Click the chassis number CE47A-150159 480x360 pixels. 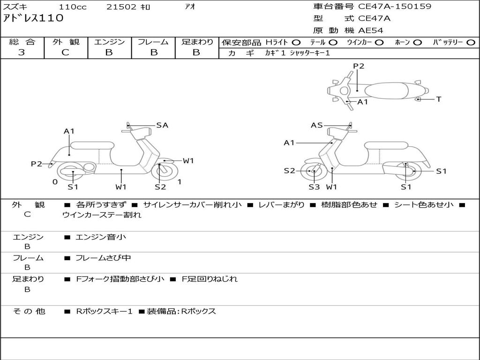point(395,7)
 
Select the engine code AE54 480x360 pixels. point(371,30)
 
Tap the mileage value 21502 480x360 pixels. point(121,7)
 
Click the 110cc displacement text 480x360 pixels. point(70,7)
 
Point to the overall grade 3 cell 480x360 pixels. point(22,52)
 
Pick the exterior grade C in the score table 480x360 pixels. point(66,52)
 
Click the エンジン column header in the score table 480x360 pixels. point(109,42)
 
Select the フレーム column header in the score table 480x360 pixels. point(153,42)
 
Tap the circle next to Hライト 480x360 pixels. point(296,43)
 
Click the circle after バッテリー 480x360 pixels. point(471,43)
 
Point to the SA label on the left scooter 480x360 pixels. point(162,125)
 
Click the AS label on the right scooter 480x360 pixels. point(317,125)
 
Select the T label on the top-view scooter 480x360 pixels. point(438,99)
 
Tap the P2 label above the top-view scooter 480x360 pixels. point(359,66)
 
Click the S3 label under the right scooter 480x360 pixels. point(314,187)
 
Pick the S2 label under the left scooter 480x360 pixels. point(160,187)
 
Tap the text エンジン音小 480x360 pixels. point(101,237)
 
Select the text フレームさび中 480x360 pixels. point(103,258)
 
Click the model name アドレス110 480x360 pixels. point(33,18)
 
